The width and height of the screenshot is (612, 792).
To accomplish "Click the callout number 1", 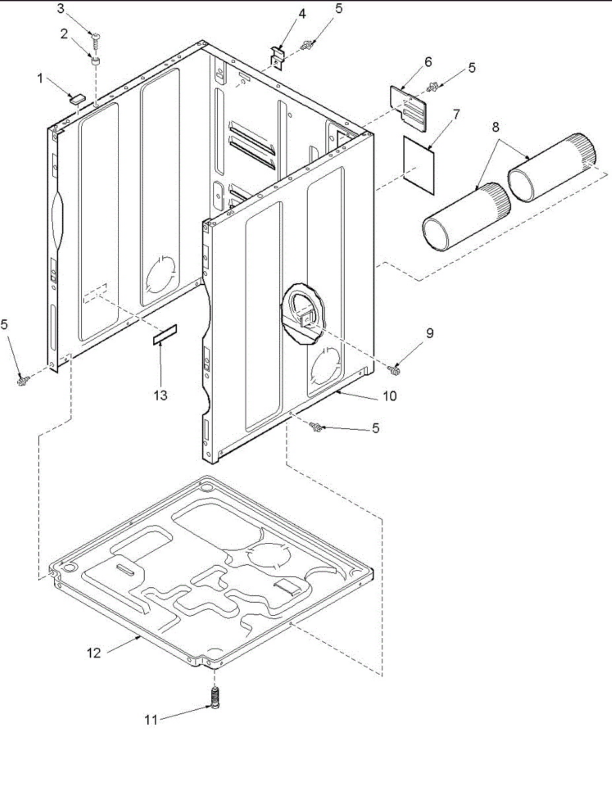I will [40, 79].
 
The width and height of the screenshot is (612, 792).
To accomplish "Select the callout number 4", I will [302, 13].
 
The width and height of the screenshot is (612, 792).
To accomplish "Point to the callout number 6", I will [428, 62].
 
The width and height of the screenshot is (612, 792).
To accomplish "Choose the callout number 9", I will [430, 333].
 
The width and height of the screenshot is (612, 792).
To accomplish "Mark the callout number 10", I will [390, 396].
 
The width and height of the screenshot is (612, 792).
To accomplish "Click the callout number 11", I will [152, 719].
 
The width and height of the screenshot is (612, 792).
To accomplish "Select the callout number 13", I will [161, 395].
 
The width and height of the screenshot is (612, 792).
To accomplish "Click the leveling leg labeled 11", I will [214, 697].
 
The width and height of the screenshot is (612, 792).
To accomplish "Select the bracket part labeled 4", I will [278, 56].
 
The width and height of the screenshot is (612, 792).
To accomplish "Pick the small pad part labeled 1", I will [78, 98].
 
